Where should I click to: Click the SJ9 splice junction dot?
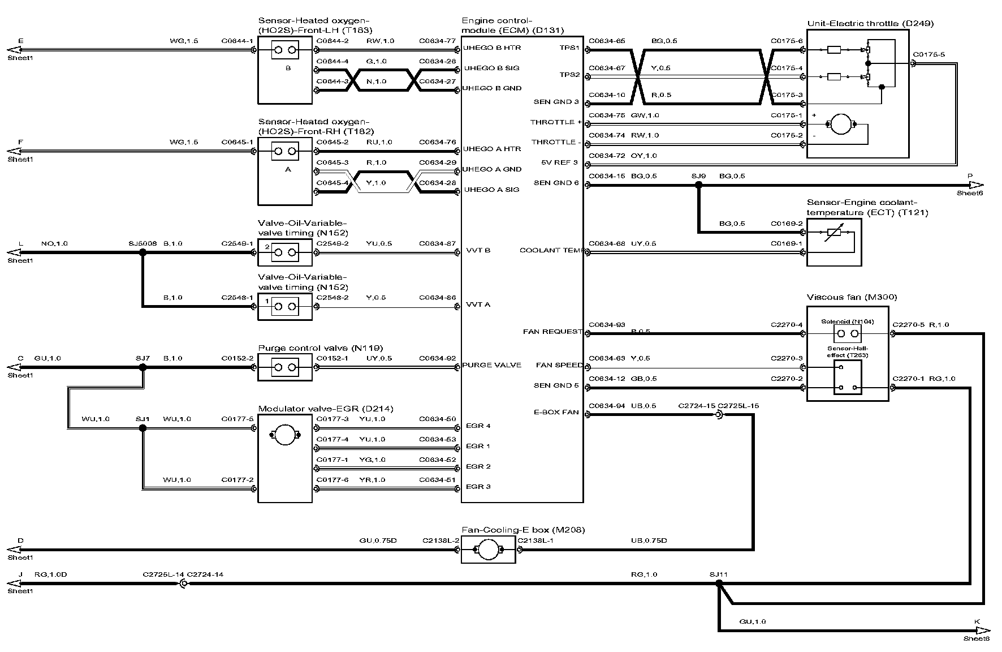(x=699, y=185)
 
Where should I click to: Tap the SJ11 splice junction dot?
(x=719, y=583)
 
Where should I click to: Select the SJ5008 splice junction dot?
(x=142, y=252)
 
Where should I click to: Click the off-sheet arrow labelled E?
(x=14, y=50)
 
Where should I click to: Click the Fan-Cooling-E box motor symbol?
(x=488, y=550)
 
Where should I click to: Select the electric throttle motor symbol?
(x=842, y=125)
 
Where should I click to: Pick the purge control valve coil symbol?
(x=285, y=367)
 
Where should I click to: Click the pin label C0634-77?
(x=437, y=41)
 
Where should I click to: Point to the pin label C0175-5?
(x=928, y=55)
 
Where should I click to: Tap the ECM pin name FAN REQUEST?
(x=552, y=332)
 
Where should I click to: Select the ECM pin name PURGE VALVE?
(x=491, y=365)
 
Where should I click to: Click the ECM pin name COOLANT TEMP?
(x=550, y=250)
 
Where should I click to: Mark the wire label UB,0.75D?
(x=649, y=541)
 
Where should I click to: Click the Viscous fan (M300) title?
(x=852, y=297)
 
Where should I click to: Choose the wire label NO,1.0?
(x=54, y=243)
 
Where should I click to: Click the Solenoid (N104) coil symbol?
(x=848, y=333)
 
